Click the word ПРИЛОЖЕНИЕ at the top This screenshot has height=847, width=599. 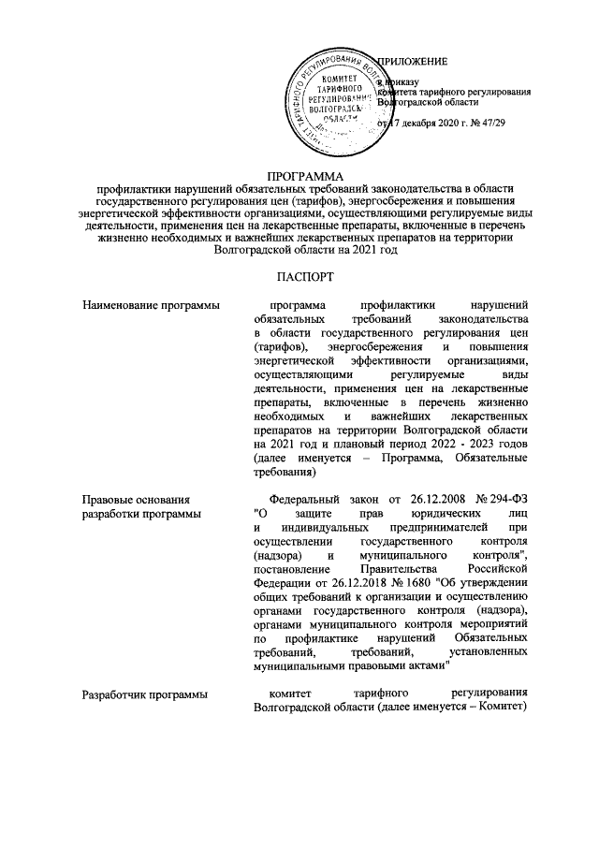click(412, 61)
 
